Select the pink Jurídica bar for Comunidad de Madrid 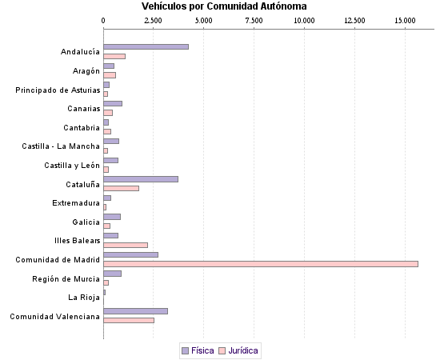click(x=260, y=263)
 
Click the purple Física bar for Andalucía click(x=146, y=47)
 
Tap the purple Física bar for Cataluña click(x=141, y=179)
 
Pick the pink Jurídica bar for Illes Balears click(x=126, y=245)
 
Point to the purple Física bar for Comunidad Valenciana click(x=135, y=311)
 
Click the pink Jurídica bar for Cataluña click(x=121, y=188)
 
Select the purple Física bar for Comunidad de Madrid click(x=130, y=254)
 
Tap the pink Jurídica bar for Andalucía click(x=114, y=56)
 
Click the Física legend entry click(x=198, y=350)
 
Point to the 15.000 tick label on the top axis click(x=405, y=20)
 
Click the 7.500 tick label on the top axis click(x=254, y=20)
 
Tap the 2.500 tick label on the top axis click(x=154, y=20)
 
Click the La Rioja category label click(x=85, y=298)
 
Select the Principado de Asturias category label click(x=58, y=90)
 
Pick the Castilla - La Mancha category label click(x=61, y=146)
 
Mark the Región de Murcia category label click(x=66, y=278)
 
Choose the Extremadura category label click(x=76, y=203)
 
